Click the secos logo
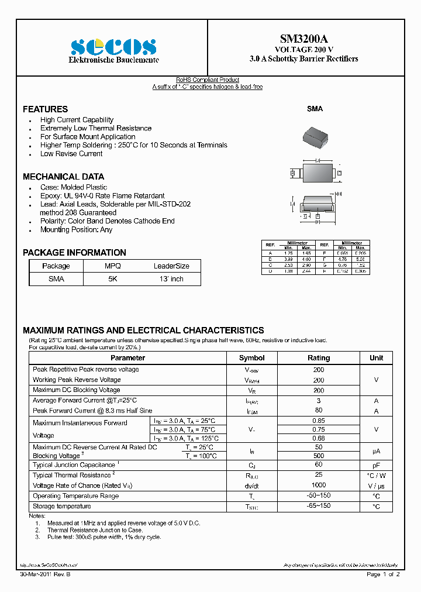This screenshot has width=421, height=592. [x=113, y=47]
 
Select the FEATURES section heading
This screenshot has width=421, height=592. [x=45, y=109]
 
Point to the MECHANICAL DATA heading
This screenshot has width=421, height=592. [x=63, y=177]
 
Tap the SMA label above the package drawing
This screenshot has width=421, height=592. [x=315, y=109]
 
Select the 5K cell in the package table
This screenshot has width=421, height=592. [x=112, y=279]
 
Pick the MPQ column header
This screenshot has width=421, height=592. [x=112, y=266]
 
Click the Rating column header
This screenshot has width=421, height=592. [x=319, y=358]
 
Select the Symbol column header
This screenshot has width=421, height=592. [x=252, y=358]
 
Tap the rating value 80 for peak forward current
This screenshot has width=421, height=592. [x=319, y=411]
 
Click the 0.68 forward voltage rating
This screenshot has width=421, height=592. [x=319, y=438]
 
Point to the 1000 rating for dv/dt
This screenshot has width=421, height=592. [x=319, y=486]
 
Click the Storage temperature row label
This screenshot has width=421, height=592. [x=62, y=506]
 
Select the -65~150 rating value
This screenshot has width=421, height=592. [x=319, y=506]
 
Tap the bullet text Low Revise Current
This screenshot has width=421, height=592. [x=71, y=154]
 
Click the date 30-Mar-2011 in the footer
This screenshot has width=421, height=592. [x=39, y=574]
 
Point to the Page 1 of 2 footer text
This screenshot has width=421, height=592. [x=383, y=574]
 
